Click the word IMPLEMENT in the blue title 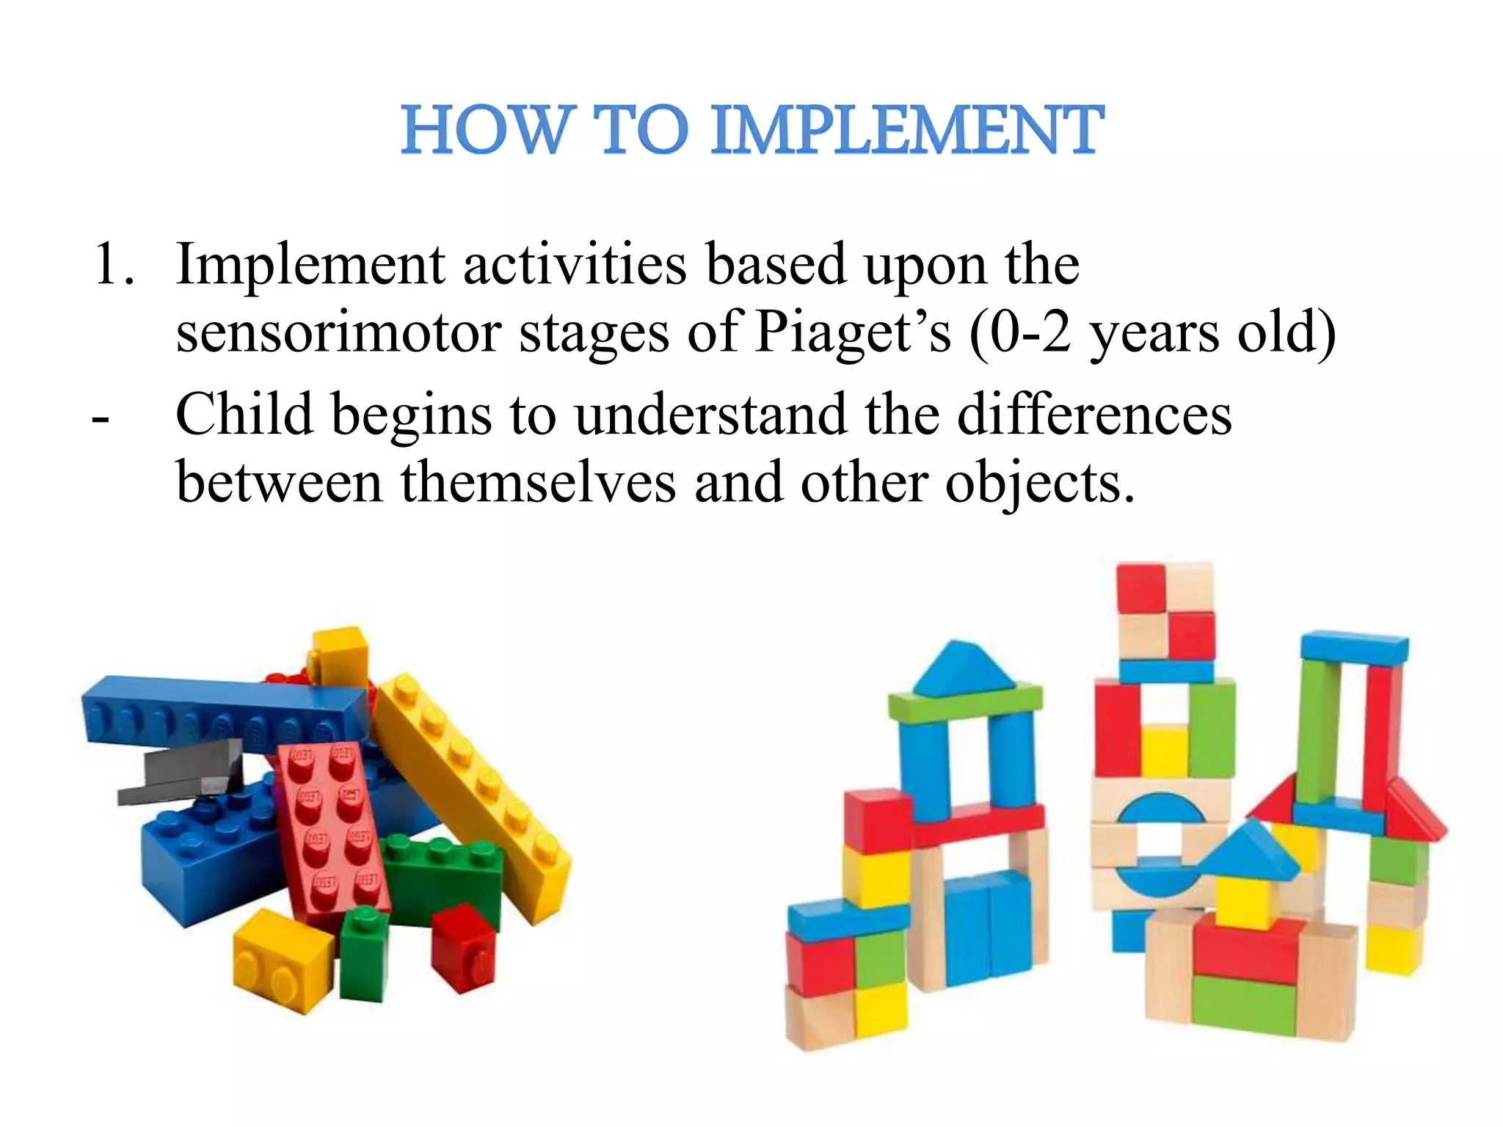pos(907,131)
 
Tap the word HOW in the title pos(484,131)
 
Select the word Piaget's pos(853,332)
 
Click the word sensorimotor pos(338,332)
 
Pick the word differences pos(1094,415)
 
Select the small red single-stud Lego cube pos(463,947)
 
